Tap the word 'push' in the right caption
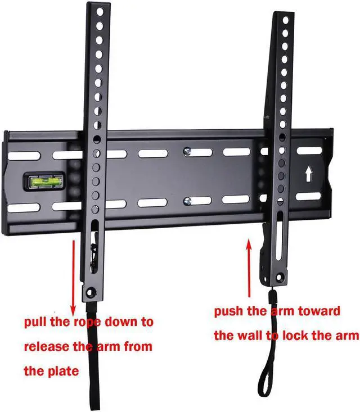coord(227,311)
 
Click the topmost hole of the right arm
coord(285,20)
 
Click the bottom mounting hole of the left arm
coord(89,293)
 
